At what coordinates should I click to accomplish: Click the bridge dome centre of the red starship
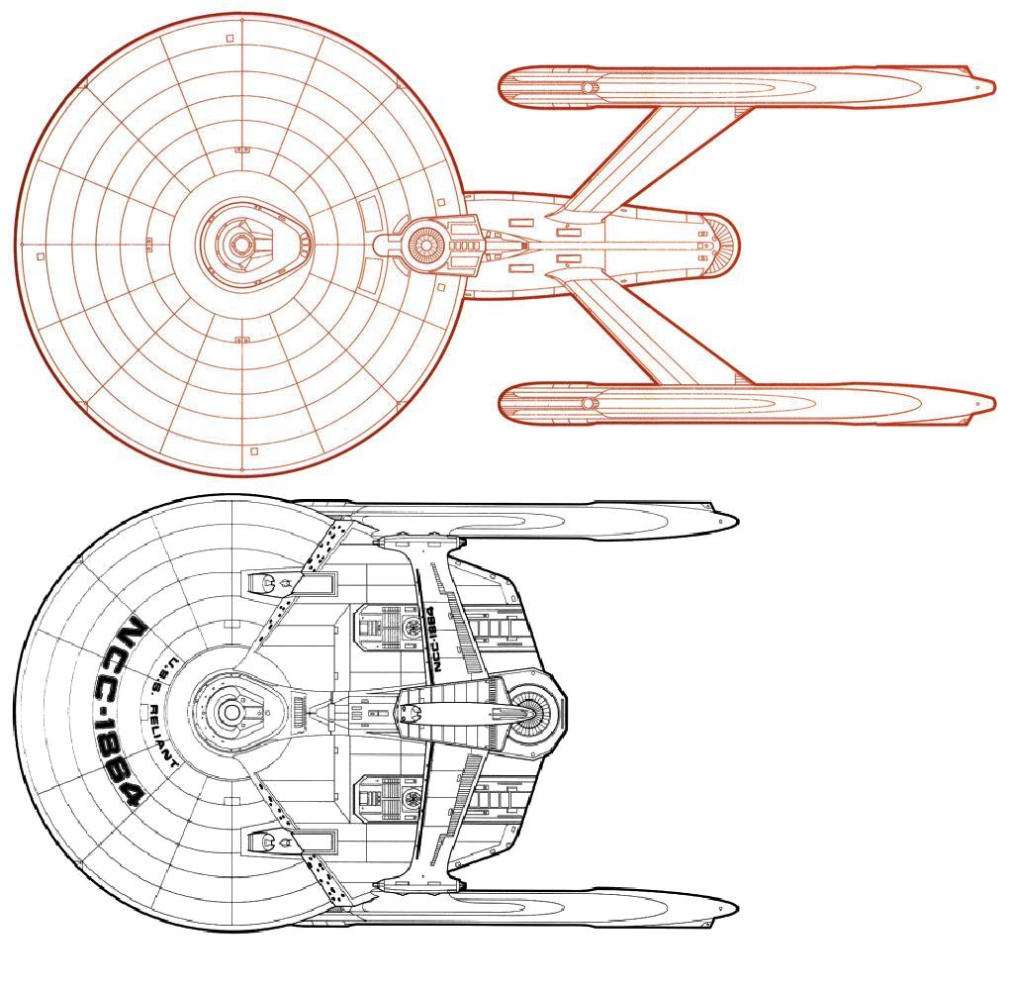239,244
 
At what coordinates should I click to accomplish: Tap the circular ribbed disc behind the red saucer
425,244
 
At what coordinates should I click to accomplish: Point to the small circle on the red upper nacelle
588,87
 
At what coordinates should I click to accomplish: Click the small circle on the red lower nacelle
588,403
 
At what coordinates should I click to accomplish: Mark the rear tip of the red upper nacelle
994,85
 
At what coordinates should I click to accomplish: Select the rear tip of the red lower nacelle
994,404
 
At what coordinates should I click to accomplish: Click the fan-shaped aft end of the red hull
721,244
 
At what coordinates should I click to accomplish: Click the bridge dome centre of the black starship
230,712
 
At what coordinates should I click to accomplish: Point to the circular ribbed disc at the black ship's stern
531,713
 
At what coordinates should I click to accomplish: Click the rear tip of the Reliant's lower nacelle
736,908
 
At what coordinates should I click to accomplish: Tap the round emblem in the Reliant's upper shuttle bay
410,624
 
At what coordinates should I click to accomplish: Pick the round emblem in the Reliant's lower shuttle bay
410,798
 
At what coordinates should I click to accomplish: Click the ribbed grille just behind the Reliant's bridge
299,712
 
